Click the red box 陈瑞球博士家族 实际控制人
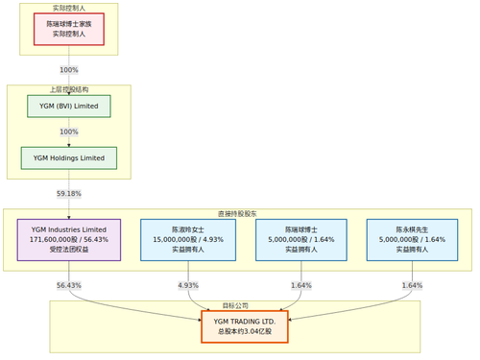click(x=68, y=29)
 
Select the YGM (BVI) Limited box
click(x=68, y=106)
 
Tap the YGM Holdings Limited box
click(x=68, y=157)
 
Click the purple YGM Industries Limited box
click(x=68, y=239)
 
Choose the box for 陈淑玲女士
click(x=188, y=239)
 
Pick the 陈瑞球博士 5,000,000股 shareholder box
click(x=300, y=239)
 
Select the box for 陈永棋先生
click(x=412, y=239)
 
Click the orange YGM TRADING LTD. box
click(x=244, y=326)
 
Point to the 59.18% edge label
click(x=68, y=193)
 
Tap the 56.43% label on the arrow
click(x=68, y=285)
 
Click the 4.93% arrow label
click(x=188, y=285)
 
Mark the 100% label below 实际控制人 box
click(x=68, y=69)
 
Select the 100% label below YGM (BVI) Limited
click(x=68, y=132)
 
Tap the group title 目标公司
click(x=235, y=305)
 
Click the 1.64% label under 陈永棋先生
click(x=412, y=285)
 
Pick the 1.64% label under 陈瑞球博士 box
click(x=300, y=285)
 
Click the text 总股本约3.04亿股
click(x=244, y=332)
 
